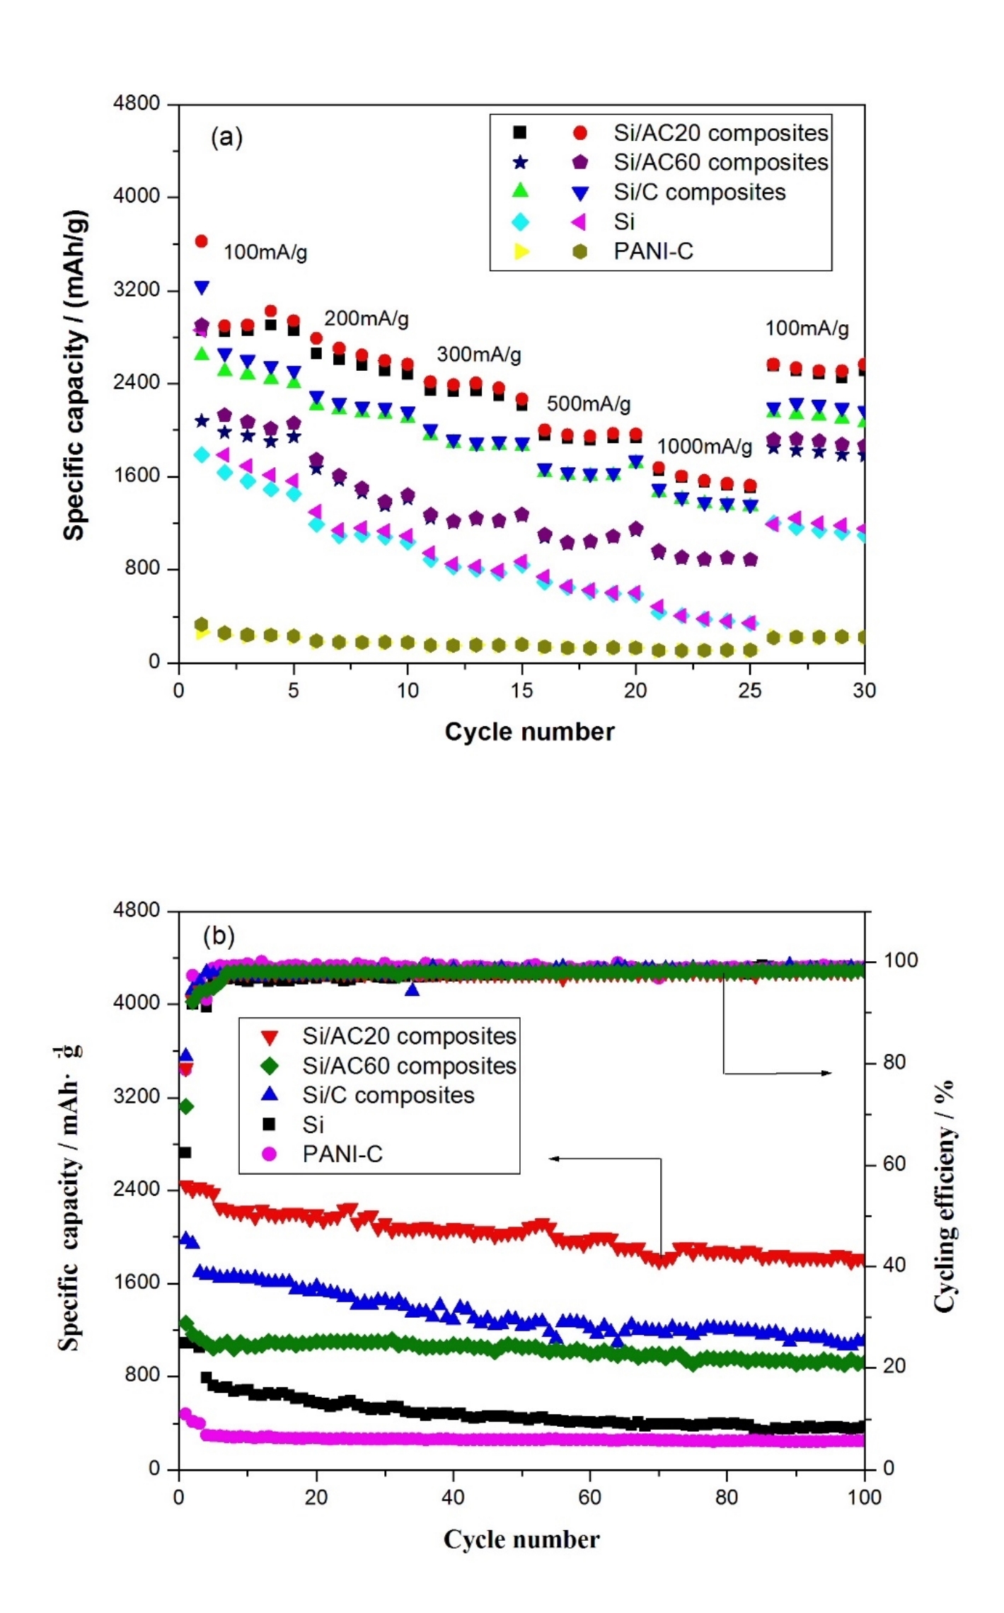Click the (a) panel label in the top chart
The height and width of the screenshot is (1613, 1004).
pyautogui.click(x=226, y=137)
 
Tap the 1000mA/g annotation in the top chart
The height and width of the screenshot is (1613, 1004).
pyautogui.click(x=705, y=447)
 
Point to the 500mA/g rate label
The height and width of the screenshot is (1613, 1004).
pyautogui.click(x=588, y=404)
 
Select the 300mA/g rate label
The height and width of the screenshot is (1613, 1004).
pyautogui.click(x=479, y=355)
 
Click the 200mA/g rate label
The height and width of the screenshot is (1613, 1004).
pyautogui.click(x=367, y=318)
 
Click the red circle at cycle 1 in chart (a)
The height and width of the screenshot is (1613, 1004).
pyautogui.click(x=202, y=241)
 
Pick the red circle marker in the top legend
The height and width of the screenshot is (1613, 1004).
pyautogui.click(x=580, y=133)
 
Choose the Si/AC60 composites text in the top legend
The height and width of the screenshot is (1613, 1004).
pyautogui.click(x=720, y=163)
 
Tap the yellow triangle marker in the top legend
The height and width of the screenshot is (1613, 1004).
pyautogui.click(x=521, y=251)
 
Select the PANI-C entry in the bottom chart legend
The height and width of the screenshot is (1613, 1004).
pyautogui.click(x=342, y=1154)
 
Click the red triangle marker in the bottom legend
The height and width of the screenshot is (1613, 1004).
pyautogui.click(x=270, y=1037)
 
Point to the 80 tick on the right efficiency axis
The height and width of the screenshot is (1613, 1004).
pyautogui.click(x=894, y=1062)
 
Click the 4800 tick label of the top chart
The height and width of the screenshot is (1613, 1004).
pyautogui.click(x=137, y=103)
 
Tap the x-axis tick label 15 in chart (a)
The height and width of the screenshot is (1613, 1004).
pyautogui.click(x=522, y=691)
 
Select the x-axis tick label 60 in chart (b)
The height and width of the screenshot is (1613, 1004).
pyautogui.click(x=589, y=1498)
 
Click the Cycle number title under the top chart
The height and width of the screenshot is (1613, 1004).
pyautogui.click(x=529, y=732)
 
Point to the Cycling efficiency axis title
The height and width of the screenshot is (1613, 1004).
pyautogui.click(x=944, y=1196)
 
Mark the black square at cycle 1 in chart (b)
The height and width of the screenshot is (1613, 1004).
pyautogui.click(x=185, y=1153)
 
